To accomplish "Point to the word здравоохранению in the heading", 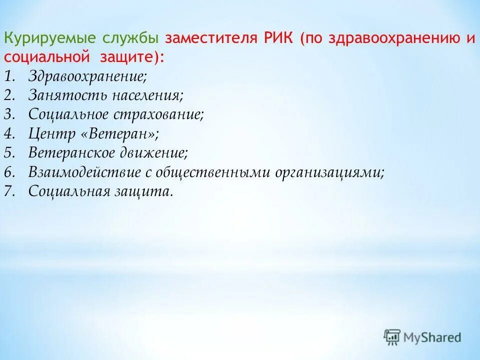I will tap(393, 39).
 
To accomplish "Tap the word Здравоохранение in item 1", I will tap(87, 76).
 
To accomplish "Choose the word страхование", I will tap(159, 114).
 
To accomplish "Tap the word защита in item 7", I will tap(148, 191).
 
